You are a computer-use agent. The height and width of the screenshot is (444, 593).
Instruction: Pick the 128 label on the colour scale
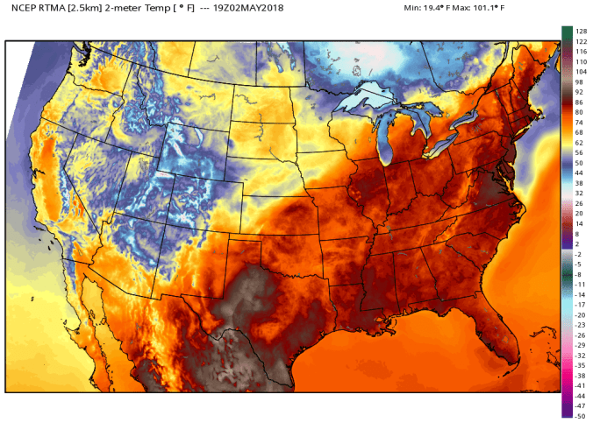580,32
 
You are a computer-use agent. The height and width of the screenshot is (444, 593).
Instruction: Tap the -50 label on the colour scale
580,416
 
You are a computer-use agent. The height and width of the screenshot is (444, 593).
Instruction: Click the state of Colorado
197,197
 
